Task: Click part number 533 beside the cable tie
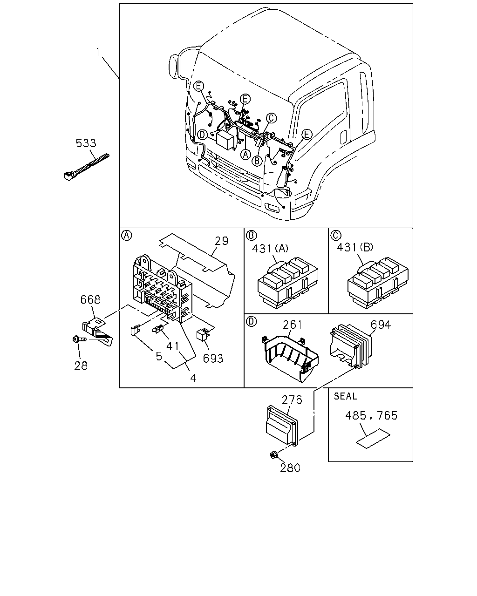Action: pyautogui.click(x=86, y=143)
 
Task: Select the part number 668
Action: pyautogui.click(x=90, y=300)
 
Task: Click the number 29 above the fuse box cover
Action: pyautogui.click(x=221, y=241)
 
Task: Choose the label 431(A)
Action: pyautogui.click(x=270, y=249)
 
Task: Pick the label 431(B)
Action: pyautogui.click(x=355, y=247)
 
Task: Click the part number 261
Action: pyautogui.click(x=293, y=325)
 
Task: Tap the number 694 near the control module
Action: pyautogui.click(x=381, y=325)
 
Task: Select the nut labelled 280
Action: pyautogui.click(x=273, y=454)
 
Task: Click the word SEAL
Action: pyautogui.click(x=345, y=396)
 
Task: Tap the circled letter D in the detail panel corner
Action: pyautogui.click(x=251, y=322)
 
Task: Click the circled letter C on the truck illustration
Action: pyautogui.click(x=272, y=118)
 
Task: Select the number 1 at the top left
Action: pyautogui.click(x=98, y=52)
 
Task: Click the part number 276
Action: pyautogui.click(x=292, y=400)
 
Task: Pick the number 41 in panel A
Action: pyautogui.click(x=173, y=346)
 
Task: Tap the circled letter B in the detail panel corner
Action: pyautogui.click(x=251, y=236)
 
